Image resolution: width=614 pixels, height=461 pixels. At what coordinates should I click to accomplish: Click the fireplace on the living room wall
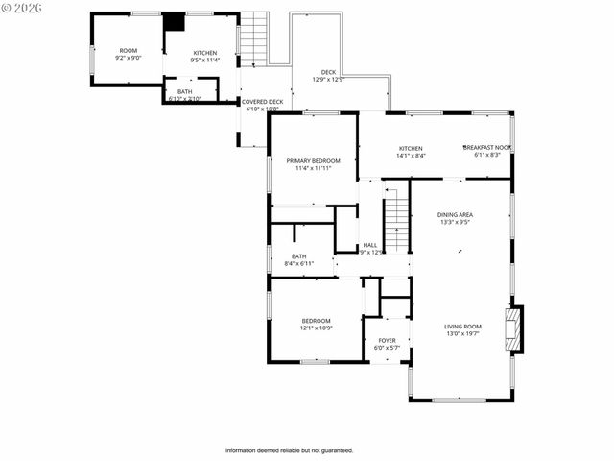coord(515,329)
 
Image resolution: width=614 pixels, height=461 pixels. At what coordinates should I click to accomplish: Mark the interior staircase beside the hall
coord(396,220)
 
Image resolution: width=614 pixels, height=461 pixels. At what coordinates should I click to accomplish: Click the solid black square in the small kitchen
coord(174,22)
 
